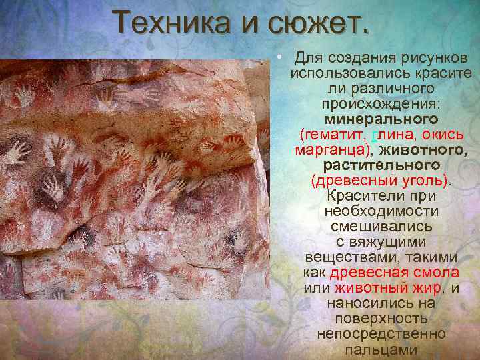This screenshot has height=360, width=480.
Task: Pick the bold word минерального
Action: [x=381, y=119]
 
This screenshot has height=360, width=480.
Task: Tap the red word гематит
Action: [x=333, y=134]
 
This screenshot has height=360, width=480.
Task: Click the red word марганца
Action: [x=332, y=149]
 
